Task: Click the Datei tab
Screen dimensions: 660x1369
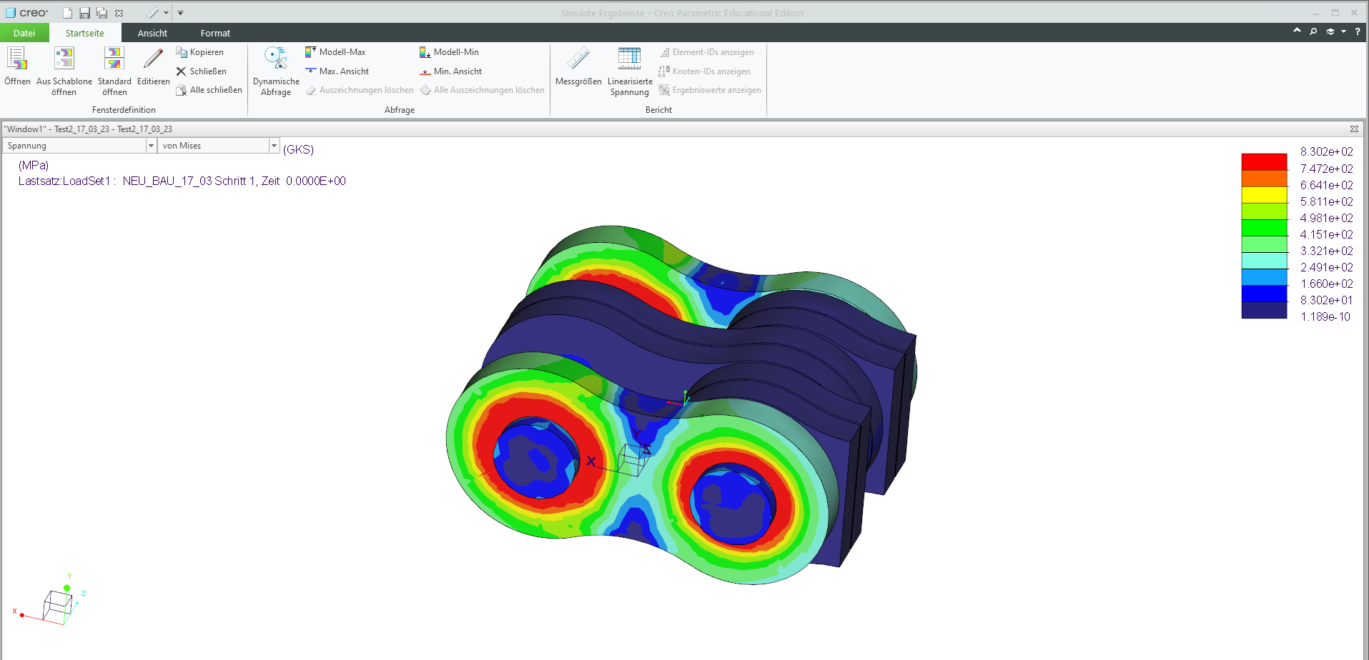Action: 24,33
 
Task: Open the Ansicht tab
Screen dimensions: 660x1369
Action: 152,33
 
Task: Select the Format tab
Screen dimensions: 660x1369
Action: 215,33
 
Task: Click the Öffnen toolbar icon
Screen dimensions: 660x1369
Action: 17,59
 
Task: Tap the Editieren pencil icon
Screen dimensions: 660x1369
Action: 153,59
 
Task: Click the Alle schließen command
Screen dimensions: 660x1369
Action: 209,90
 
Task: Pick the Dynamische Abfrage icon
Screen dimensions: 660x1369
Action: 276,59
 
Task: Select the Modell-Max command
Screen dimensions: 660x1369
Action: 335,52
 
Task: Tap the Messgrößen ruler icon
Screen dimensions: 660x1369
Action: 578,59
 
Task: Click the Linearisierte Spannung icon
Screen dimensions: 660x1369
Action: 630,59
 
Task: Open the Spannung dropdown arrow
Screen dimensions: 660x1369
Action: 151,146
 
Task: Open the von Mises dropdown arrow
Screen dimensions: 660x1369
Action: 274,146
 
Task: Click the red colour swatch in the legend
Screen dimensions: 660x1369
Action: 1264,161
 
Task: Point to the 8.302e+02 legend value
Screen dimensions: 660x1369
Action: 1326,151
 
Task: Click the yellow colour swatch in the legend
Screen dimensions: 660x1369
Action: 1264,194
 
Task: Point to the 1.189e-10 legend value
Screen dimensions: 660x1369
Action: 1325,316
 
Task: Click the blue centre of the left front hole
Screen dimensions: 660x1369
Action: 535,458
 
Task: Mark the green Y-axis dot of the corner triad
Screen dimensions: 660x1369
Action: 67,588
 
